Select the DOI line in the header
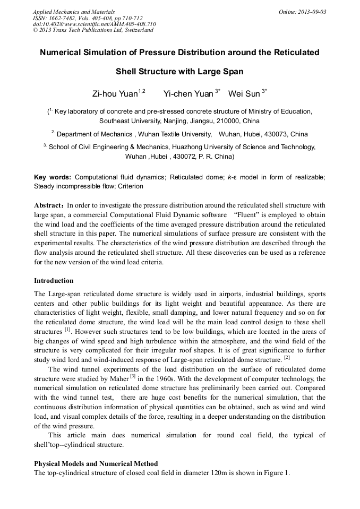[94, 24]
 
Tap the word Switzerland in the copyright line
[137, 30]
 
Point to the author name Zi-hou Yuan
[115, 94]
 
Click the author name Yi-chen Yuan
[188, 94]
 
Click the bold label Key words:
[52, 177]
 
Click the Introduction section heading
[54, 280]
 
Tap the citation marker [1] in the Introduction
[67, 330]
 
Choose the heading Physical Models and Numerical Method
[96, 464]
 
